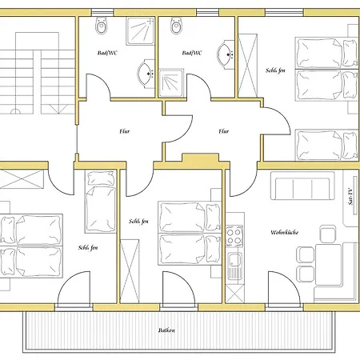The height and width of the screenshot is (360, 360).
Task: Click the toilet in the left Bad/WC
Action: pos(101,26)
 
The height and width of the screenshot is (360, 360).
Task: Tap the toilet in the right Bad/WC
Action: pos(176,26)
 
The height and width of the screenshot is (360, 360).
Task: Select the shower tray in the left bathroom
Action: pos(140,31)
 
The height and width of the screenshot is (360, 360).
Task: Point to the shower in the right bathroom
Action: pos(171,83)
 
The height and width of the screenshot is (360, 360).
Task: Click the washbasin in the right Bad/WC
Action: pos(226,54)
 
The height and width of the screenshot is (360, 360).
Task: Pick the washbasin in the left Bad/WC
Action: pos(146,74)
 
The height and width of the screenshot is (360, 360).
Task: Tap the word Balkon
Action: pos(166,330)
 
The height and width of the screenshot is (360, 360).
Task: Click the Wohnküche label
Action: pos(285,232)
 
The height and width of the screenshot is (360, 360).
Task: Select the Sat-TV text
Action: pos(350,197)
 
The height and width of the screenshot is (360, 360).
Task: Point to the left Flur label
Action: pos(125,131)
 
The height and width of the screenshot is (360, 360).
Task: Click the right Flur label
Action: pos(224,131)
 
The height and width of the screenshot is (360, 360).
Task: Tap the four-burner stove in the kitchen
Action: pos(234,236)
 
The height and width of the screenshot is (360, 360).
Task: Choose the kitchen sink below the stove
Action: pos(234,266)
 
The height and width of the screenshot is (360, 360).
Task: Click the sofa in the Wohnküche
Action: pos(302,186)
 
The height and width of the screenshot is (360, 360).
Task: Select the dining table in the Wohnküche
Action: pos(329,265)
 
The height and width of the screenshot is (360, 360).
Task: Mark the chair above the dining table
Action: pos(328,234)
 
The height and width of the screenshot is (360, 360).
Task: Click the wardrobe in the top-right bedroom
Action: pos(247,66)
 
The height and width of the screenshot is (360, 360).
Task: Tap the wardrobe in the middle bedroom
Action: pos(130,271)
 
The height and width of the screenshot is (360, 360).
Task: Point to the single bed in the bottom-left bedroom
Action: pos(101,202)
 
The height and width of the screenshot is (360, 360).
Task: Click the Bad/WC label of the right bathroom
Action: pos(192,53)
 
